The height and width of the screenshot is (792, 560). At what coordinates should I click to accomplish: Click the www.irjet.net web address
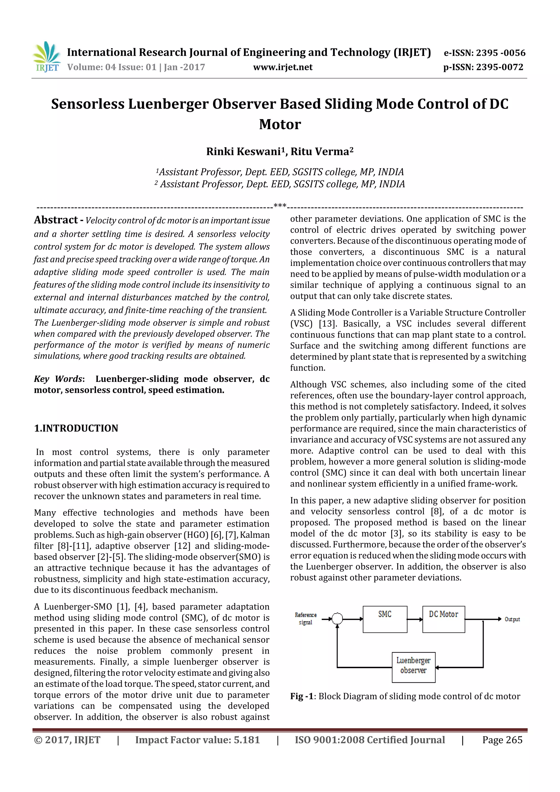(x=282, y=67)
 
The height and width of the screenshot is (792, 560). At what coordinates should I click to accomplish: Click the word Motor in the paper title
(x=280, y=124)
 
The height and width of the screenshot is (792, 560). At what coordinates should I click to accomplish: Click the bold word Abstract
(x=56, y=220)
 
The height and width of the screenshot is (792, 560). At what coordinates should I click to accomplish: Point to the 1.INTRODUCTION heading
(x=76, y=428)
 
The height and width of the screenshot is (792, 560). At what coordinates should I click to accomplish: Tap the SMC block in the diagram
(x=385, y=619)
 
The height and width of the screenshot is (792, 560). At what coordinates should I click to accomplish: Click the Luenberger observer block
(x=413, y=667)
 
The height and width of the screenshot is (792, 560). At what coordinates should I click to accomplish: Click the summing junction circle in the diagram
(x=337, y=619)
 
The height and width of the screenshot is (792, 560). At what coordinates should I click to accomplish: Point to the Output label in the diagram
(x=512, y=619)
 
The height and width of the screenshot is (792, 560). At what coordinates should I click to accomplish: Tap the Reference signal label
(x=305, y=618)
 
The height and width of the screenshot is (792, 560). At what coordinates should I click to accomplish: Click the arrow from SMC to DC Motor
(x=415, y=619)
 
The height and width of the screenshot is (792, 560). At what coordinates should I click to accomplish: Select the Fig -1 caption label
(x=302, y=696)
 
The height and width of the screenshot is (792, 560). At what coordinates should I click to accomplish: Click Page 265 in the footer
(x=502, y=740)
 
